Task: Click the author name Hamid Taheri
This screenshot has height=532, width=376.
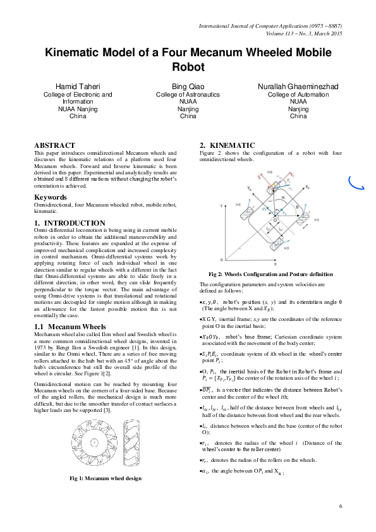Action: [x=77, y=85]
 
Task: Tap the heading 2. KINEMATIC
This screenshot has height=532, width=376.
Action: [x=227, y=145]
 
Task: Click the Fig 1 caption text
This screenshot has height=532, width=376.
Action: [x=105, y=478]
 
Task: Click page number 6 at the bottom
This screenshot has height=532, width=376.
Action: [x=340, y=507]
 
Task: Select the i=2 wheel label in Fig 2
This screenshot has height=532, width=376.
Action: [x=239, y=205]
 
